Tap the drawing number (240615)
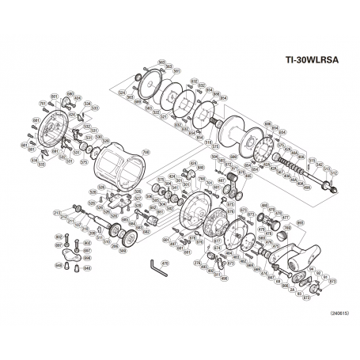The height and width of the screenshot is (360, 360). pos(333,313)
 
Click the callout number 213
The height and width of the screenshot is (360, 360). pos(57,214)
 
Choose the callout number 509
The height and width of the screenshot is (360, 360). pos(123,249)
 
